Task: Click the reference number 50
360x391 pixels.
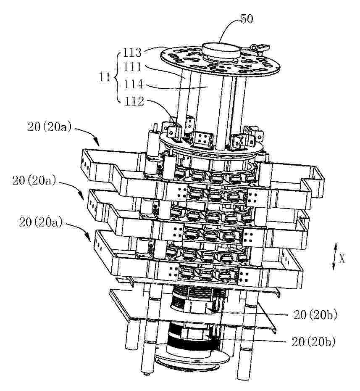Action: pos(247,19)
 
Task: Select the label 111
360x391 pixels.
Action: pos(133,67)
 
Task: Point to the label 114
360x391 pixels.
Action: pos(133,84)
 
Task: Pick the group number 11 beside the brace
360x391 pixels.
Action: pos(104,77)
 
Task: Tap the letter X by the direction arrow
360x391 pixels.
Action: pos(342,259)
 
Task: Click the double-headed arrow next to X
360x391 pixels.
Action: pos(335,257)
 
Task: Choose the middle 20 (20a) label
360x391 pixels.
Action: pos(34,181)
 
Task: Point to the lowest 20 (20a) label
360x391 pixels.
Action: pos(41,222)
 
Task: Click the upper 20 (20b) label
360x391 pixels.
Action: pos(315,315)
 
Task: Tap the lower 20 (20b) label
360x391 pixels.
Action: pos(313,342)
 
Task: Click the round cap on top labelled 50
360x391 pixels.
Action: pos(221,51)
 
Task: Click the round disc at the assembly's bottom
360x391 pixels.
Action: pos(192,359)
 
